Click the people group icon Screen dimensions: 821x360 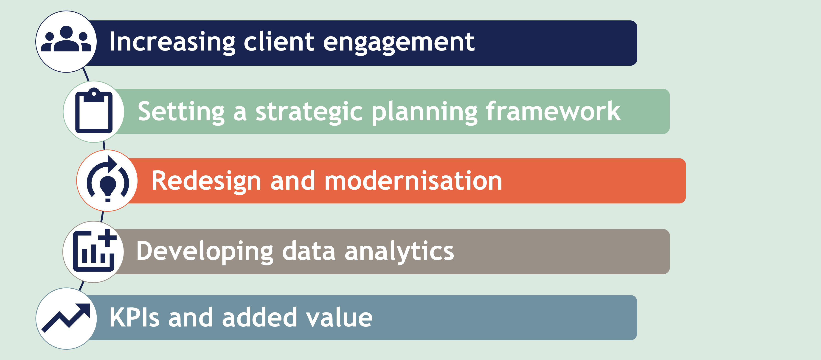point(66,39)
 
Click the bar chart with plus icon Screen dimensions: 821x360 point(94,250)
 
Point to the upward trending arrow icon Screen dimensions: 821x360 point(66,318)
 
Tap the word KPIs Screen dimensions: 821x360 point(134,317)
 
